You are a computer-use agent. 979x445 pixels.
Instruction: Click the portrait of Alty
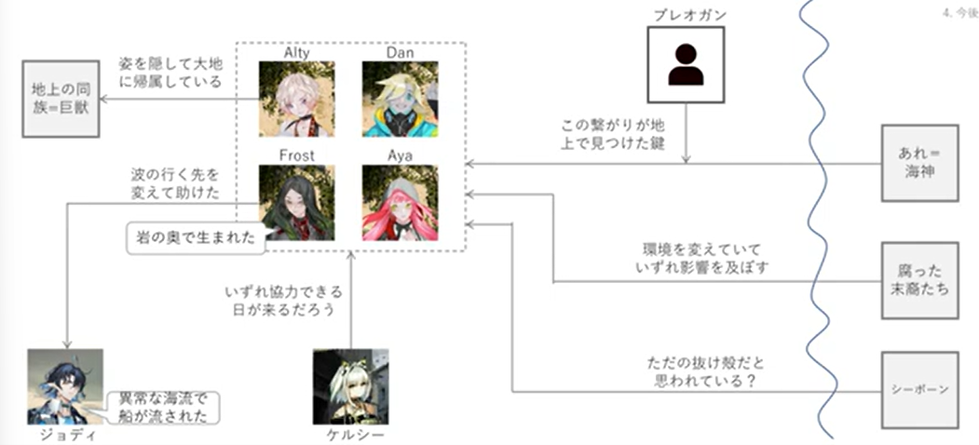coord(296,100)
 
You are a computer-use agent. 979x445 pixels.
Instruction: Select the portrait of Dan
coord(400,100)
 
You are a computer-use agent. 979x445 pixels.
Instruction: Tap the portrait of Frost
coord(297,202)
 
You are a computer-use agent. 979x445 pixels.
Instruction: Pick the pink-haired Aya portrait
coord(400,202)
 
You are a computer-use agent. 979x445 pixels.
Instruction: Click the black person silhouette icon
coord(686,63)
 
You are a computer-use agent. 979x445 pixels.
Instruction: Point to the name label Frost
coord(297,155)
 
